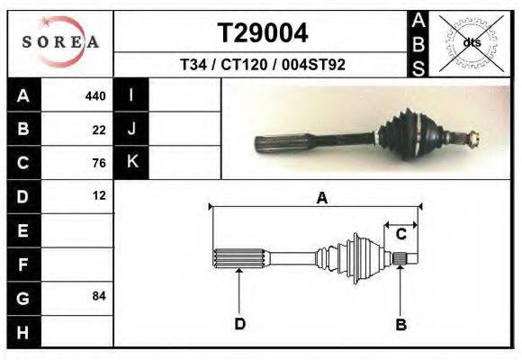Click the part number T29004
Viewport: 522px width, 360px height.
click(263, 33)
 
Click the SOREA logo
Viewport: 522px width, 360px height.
click(60, 42)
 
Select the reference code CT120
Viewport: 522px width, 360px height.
click(244, 64)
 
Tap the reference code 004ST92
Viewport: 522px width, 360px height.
click(313, 64)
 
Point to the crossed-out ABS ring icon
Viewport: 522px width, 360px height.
click(472, 43)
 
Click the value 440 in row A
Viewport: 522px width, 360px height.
click(95, 96)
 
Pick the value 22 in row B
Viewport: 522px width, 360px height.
click(99, 130)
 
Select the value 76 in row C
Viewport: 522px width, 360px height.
click(99, 163)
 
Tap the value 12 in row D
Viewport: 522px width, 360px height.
click(99, 195)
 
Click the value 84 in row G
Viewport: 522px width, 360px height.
click(99, 296)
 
